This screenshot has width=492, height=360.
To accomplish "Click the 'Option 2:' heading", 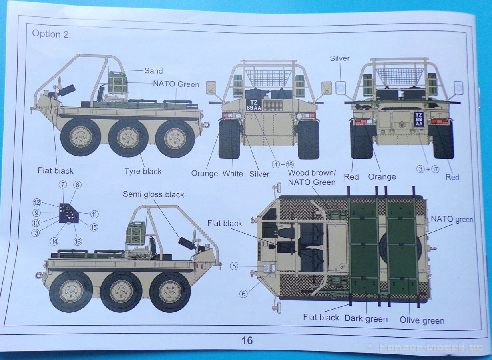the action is (x=52, y=34).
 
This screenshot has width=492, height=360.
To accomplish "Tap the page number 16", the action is (x=247, y=341).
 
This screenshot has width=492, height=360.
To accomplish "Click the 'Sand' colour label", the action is (x=154, y=71).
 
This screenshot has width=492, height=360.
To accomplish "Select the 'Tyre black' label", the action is (x=143, y=171).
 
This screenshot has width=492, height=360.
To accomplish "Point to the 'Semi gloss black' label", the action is (x=153, y=194).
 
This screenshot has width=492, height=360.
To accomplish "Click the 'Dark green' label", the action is (x=366, y=319).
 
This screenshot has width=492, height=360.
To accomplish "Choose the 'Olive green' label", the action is (x=422, y=320).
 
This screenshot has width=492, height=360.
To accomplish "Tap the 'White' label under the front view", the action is (x=233, y=174).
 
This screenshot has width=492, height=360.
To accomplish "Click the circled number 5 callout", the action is (x=234, y=266).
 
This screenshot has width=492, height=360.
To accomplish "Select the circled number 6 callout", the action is (x=243, y=294).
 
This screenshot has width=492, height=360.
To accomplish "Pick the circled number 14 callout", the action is (x=54, y=242).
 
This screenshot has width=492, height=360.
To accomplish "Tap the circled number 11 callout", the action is (x=94, y=214).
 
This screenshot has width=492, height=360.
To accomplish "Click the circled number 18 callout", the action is (x=290, y=164).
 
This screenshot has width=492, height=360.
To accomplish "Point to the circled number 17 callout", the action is (x=435, y=169).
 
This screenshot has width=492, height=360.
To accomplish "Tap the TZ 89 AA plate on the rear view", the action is (x=419, y=120).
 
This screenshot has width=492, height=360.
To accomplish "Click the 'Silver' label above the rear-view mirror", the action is (x=339, y=58).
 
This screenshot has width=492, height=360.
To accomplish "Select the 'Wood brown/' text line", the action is (x=312, y=172).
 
